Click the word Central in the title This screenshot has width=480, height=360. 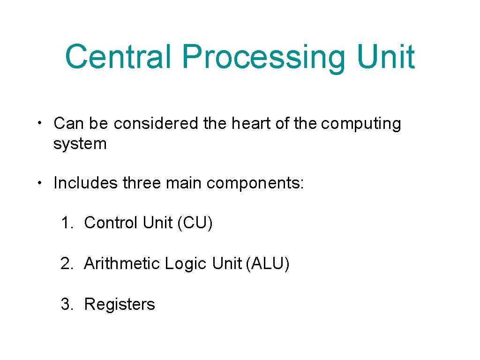pos(120,57)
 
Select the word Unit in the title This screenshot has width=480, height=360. pos(385,57)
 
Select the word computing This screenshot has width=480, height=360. pos(361,124)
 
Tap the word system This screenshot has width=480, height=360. pos(80,144)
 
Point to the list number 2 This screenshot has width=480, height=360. pos(66,263)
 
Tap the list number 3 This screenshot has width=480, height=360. pos(66,304)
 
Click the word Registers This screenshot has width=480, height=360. pos(119,305)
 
